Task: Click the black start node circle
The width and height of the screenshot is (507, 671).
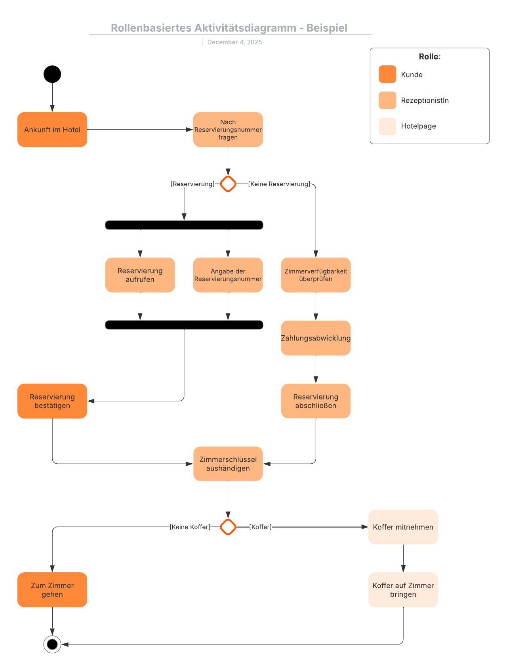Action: (52, 74)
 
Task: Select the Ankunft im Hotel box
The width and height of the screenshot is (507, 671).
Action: (52, 130)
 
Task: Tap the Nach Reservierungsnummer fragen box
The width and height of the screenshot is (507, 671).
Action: (228, 130)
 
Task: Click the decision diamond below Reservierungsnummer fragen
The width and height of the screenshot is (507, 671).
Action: (228, 184)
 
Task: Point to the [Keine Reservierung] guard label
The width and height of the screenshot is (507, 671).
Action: (279, 184)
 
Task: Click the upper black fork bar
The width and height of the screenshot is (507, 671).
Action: (184, 225)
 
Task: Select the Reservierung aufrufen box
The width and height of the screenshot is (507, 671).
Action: (140, 275)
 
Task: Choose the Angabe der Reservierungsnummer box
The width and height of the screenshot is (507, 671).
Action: (228, 275)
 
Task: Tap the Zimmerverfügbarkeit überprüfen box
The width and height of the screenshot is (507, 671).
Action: (316, 275)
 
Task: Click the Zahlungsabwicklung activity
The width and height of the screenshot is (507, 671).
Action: (316, 338)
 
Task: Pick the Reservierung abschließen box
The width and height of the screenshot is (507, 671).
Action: (316, 401)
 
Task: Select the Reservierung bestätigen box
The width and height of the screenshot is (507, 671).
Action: (52, 401)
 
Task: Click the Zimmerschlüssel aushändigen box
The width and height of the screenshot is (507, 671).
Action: (228, 464)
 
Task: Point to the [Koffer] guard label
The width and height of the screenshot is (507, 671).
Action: (260, 527)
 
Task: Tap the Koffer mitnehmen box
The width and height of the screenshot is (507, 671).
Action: (403, 527)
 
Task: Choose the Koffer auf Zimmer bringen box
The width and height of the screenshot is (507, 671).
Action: (403, 590)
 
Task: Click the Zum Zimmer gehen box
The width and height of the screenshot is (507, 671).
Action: (52, 590)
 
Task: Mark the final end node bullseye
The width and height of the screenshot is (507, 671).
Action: (52, 644)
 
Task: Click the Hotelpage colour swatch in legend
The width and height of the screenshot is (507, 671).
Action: (387, 126)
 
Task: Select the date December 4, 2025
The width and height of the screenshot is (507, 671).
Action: (234, 42)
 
